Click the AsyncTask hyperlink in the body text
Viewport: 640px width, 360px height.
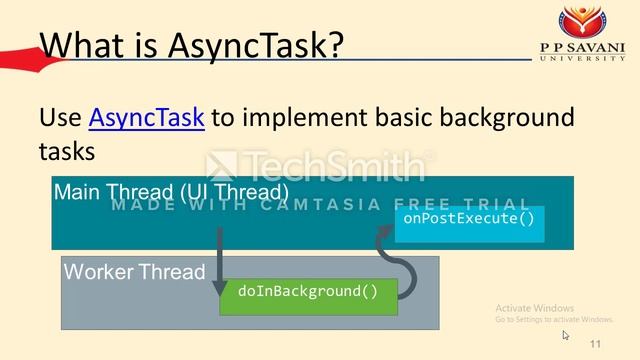(146, 118)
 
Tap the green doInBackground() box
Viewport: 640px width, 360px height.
(308, 292)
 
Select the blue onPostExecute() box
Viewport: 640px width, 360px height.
(469, 218)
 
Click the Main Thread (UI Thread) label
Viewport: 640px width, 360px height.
(171, 190)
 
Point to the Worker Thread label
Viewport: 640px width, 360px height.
(134, 272)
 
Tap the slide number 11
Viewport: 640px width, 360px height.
(596, 344)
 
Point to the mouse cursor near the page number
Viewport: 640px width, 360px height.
(565, 336)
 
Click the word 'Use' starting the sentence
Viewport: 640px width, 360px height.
(60, 118)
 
